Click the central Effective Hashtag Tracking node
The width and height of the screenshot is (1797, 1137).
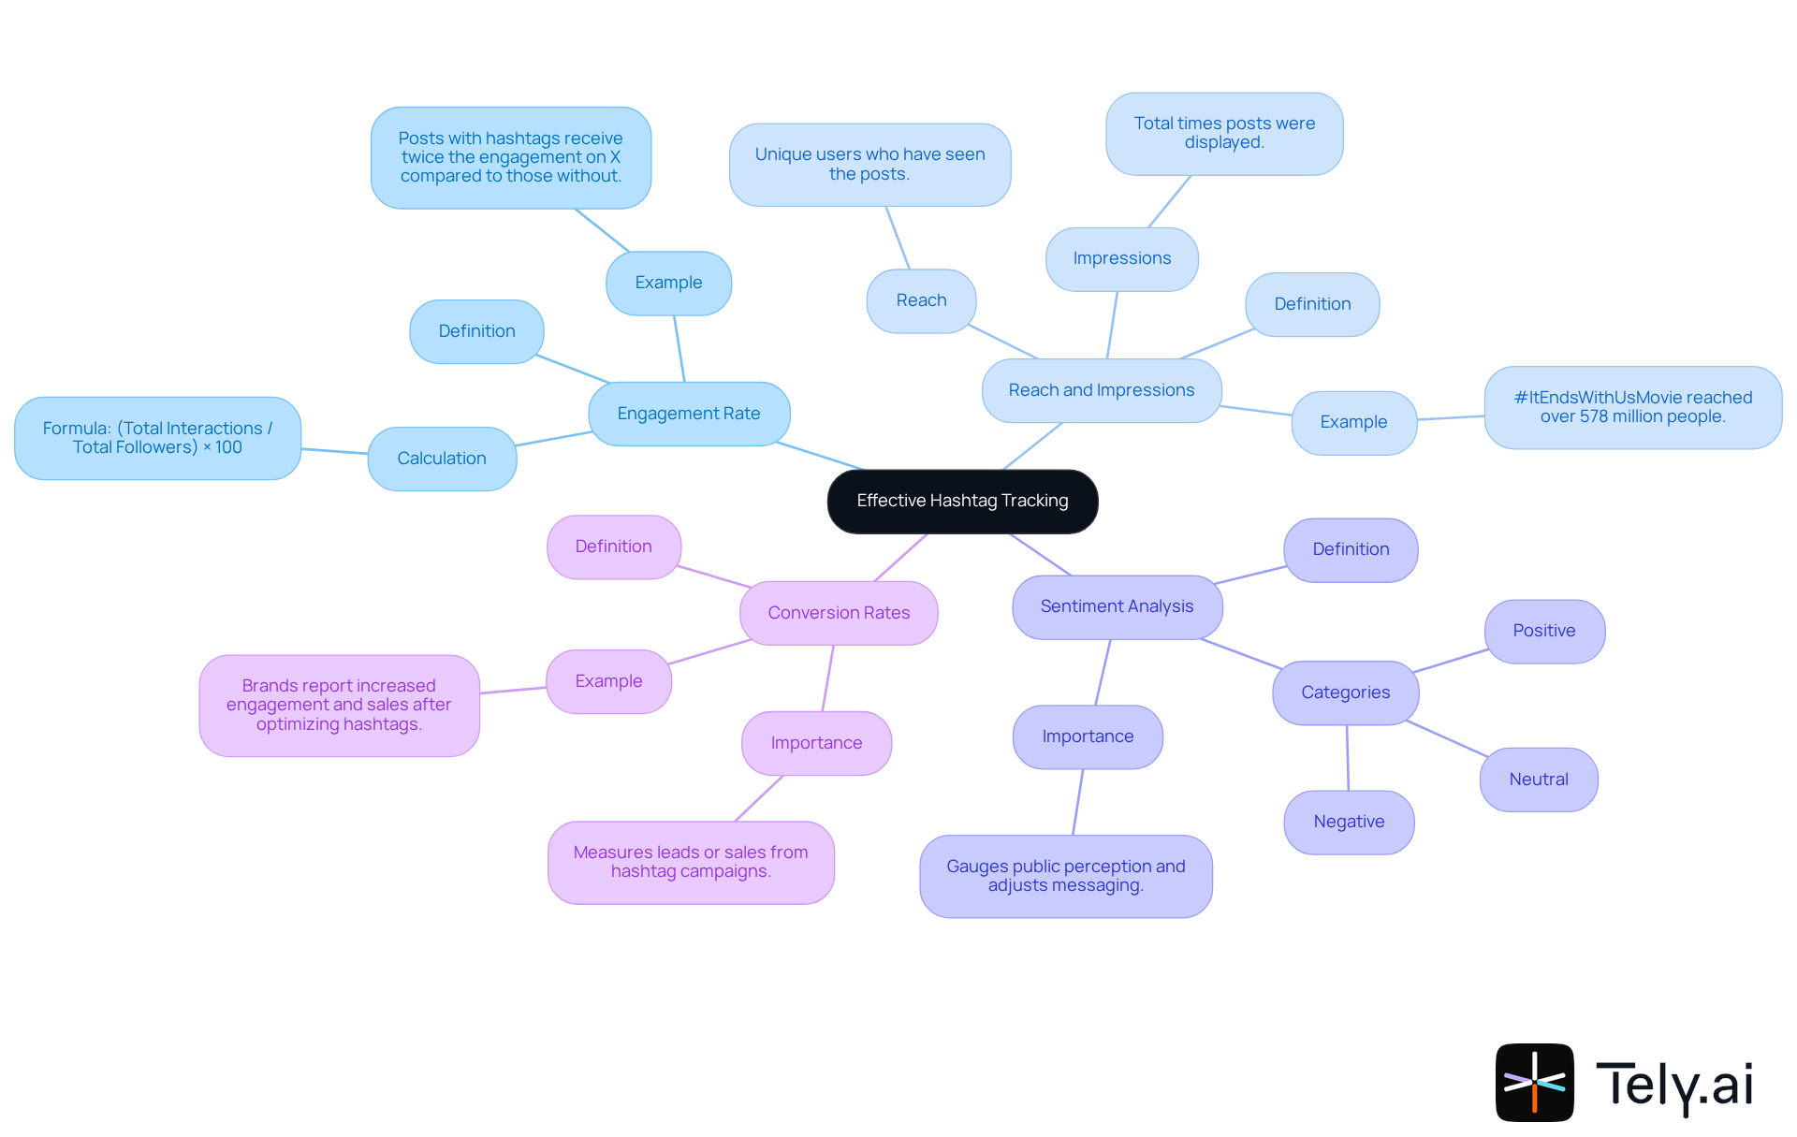click(x=962, y=502)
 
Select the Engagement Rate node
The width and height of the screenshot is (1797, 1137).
click(x=689, y=414)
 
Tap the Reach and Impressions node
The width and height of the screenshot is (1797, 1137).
click(x=1102, y=390)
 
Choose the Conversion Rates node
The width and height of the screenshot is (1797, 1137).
click(x=839, y=613)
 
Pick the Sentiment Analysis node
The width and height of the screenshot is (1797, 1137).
click(x=1117, y=606)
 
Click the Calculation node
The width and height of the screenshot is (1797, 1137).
click(x=442, y=459)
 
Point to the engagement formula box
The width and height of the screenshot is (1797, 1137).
click(x=157, y=438)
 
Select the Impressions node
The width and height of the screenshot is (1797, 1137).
click(x=1121, y=258)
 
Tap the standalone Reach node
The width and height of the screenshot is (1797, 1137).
click(x=921, y=300)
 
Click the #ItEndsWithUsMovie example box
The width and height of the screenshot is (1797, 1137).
click(x=1632, y=407)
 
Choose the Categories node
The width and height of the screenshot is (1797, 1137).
click(x=1345, y=692)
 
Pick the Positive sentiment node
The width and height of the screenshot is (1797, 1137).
click(x=1544, y=631)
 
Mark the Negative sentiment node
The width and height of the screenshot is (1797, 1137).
click(x=1349, y=822)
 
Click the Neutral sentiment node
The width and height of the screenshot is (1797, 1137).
click(x=1539, y=780)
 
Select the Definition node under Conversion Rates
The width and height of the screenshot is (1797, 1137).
click(x=613, y=547)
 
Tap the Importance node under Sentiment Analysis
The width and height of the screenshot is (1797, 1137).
click(x=1088, y=736)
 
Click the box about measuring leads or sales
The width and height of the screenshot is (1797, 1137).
click(x=691, y=862)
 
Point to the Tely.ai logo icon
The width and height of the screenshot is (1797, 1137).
click(x=1534, y=1082)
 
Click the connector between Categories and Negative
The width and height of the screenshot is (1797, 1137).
click(x=1348, y=758)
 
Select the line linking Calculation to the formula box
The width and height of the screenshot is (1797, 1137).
click(x=334, y=451)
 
